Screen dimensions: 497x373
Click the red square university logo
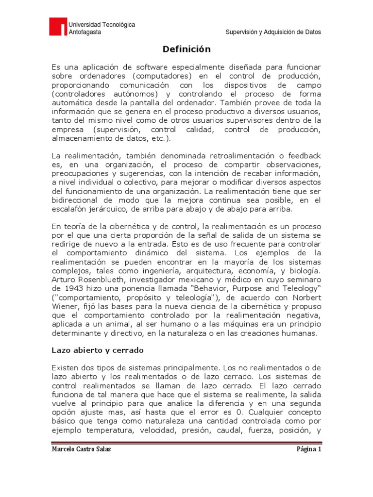click(x=58, y=27)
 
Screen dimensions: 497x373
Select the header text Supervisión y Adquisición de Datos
click(x=274, y=32)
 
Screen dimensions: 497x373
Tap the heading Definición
click(x=186, y=49)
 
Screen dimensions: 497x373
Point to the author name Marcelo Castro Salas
click(x=81, y=449)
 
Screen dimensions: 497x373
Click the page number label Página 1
click(x=309, y=449)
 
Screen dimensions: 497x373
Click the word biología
click(x=302, y=270)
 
